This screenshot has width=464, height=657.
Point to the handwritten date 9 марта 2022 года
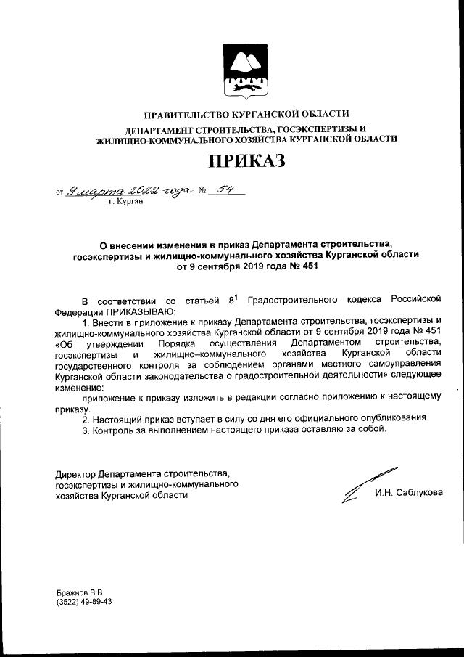click(130, 192)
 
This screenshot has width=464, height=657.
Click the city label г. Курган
click(125, 202)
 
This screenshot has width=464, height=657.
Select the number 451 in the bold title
click(307, 266)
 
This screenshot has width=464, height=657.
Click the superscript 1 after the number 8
click(235, 295)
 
